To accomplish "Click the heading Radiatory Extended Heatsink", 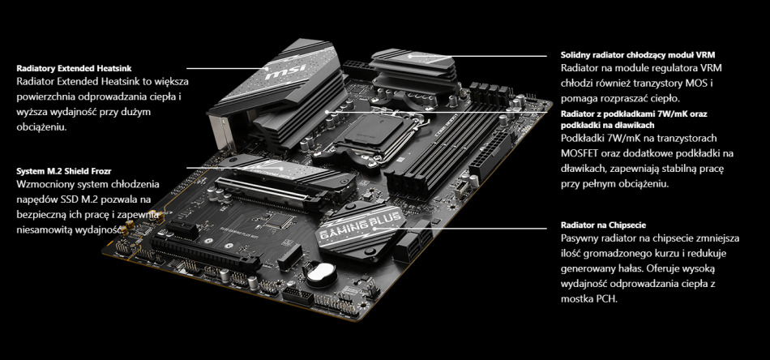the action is pos(74,68).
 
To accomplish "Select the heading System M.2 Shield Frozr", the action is pos(64,171).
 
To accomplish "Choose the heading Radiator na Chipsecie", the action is pos(603,225).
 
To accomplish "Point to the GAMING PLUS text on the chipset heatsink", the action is pos(361,225).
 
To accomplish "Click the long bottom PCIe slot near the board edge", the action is pos(205,254).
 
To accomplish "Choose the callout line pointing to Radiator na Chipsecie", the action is pos(473,229).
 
